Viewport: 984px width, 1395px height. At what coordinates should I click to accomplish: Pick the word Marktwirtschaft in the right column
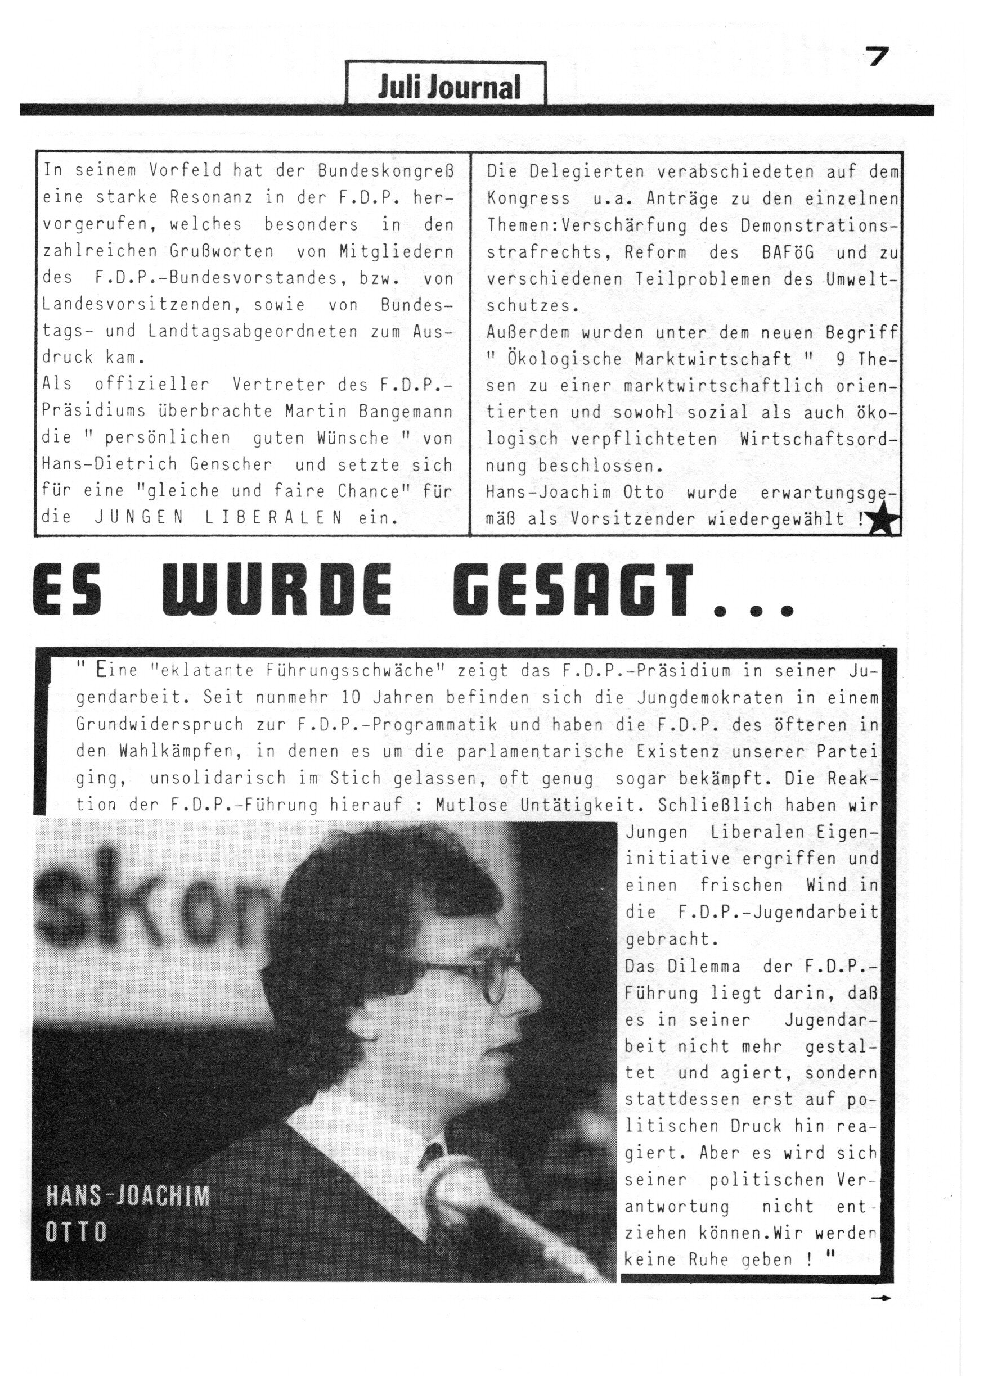pyautogui.click(x=713, y=359)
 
